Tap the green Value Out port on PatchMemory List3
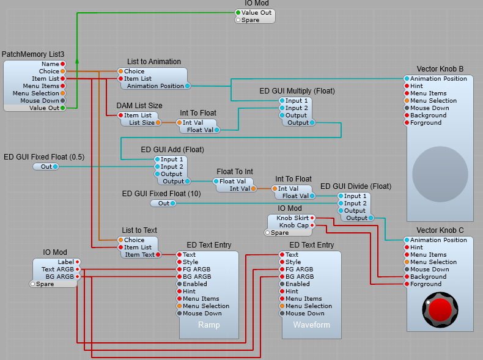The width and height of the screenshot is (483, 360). click(63, 108)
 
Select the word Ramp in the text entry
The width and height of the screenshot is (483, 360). click(208, 325)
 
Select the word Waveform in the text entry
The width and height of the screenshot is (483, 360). click(311, 325)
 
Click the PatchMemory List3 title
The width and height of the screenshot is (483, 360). click(33, 55)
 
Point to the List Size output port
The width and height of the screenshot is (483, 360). click(158, 123)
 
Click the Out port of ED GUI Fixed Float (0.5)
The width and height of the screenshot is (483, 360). click(55, 166)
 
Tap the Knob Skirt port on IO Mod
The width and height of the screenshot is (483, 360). click(312, 218)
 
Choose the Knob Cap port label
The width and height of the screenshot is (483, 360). click(293, 226)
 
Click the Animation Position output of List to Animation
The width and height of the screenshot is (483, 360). click(188, 86)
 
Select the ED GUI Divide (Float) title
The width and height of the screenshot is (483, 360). click(356, 186)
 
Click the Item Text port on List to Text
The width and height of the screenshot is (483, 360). click(158, 255)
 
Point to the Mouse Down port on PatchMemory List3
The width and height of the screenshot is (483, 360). click(63, 101)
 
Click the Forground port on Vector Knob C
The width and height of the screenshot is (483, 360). click(407, 284)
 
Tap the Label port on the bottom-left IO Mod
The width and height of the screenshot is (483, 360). click(77, 262)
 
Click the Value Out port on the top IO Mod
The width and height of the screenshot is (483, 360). click(238, 13)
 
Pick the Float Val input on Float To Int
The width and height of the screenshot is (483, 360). click(216, 182)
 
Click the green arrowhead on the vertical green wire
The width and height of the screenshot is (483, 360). click(77, 61)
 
